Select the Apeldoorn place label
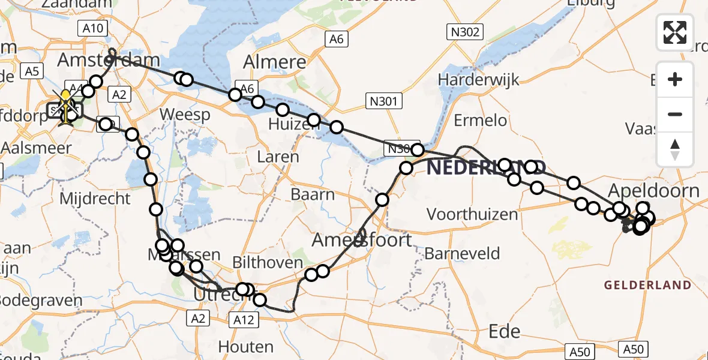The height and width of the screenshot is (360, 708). point(653,191)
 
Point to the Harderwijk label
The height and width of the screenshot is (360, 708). point(478,80)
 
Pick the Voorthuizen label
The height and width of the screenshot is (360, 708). point(472,214)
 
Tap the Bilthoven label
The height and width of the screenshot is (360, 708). point(268,263)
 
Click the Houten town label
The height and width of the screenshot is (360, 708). point(246,346)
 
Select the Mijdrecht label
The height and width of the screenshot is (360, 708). point(95,198)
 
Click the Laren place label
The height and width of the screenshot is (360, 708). point(277,157)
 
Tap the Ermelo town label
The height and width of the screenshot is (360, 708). point(480,121)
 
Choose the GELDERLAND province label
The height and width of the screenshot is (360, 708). point(647,285)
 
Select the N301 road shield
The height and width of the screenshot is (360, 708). point(383,101)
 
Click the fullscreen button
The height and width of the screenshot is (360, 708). point(675,32)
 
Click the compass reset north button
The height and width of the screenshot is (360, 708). point(675,149)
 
